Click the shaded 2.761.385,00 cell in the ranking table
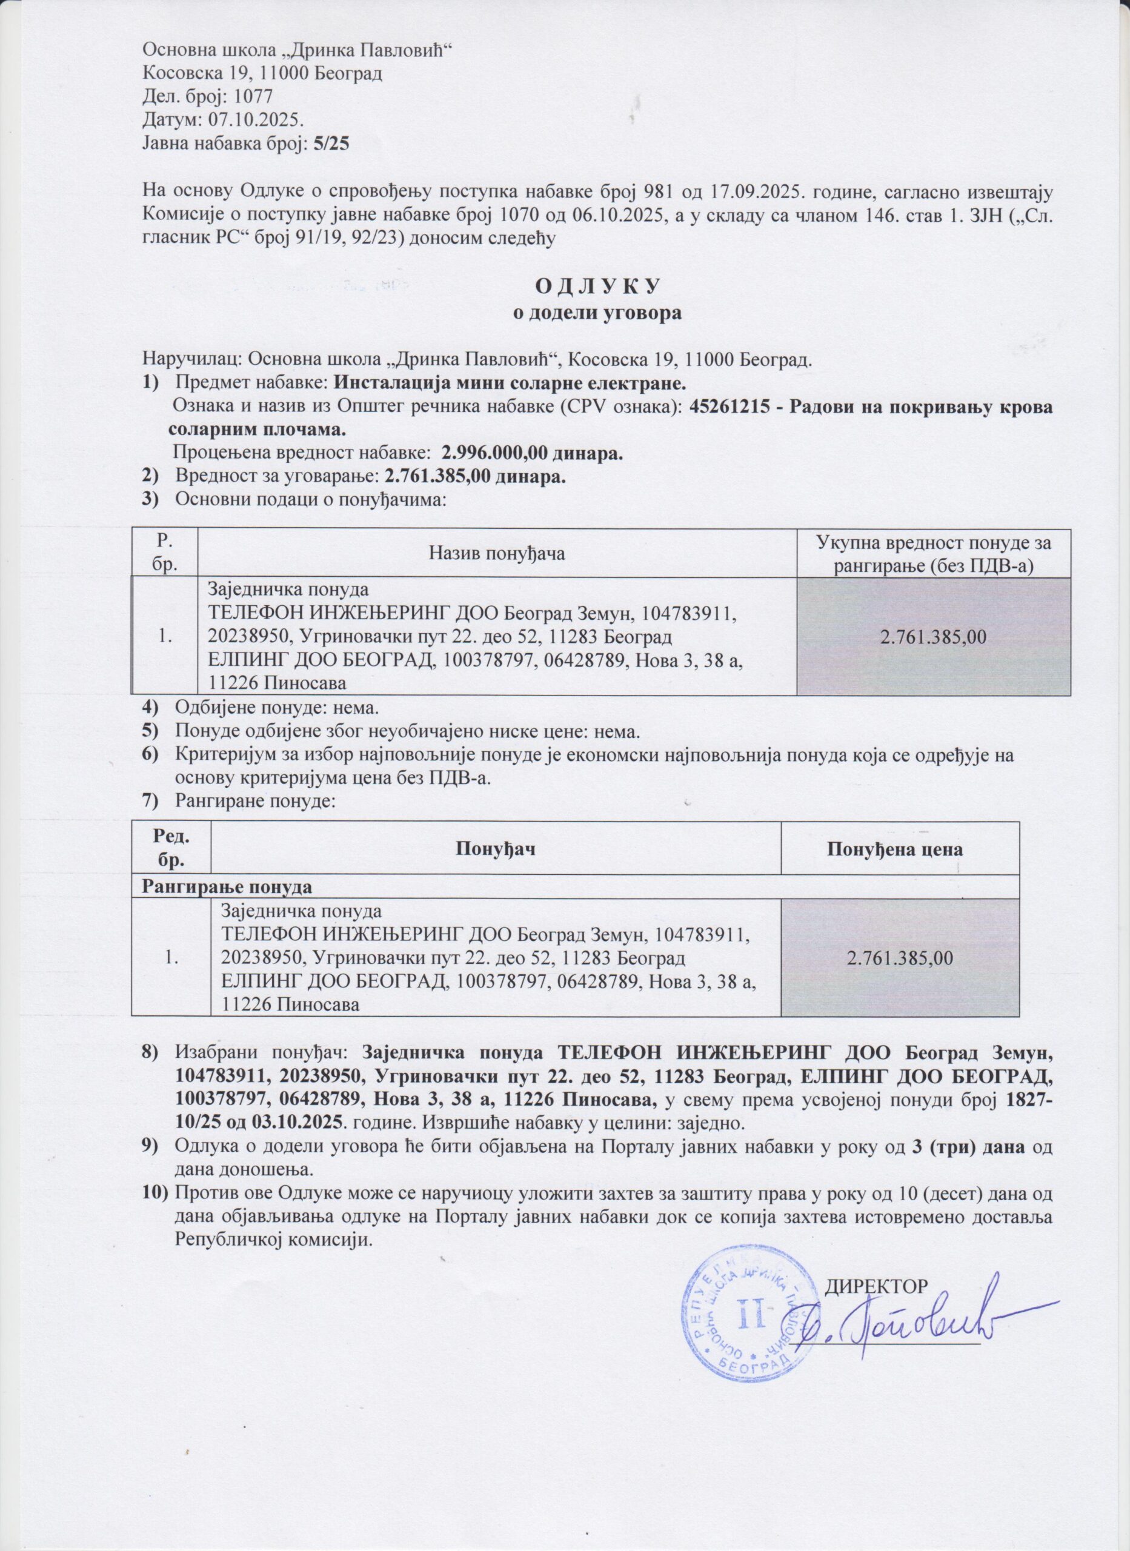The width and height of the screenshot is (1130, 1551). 900,957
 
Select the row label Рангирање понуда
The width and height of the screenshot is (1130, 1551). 227,888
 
